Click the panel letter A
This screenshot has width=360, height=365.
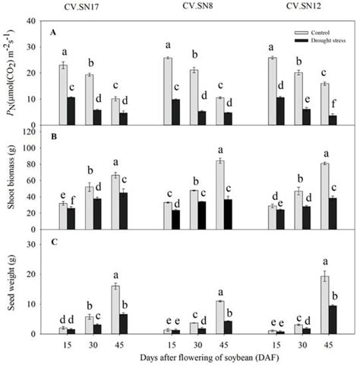tap(53, 32)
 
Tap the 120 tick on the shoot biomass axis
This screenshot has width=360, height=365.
tap(34, 132)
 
